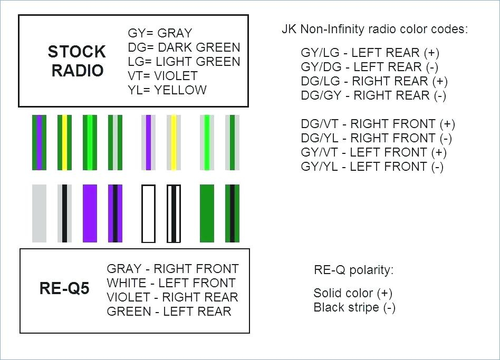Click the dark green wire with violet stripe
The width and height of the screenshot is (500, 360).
tap(39, 142)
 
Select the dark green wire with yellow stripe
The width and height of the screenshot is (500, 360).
tap(64, 142)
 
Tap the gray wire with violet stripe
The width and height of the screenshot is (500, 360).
tap(148, 142)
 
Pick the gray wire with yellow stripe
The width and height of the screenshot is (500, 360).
tap(174, 142)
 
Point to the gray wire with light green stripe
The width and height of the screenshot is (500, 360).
tap(207, 142)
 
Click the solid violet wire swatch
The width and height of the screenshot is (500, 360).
tap(90, 213)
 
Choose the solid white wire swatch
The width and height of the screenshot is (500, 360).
tap(148, 213)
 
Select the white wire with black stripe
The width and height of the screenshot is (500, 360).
tap(174, 213)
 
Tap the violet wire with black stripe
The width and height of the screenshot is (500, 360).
tap(115, 213)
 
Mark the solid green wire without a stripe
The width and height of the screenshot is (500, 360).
tap(207, 213)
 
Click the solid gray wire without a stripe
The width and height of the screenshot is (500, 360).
tap(39, 213)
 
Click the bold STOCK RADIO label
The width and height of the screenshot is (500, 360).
tap(77, 61)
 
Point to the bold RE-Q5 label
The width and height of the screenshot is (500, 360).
tap(64, 288)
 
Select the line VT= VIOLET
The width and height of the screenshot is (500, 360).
tap(162, 76)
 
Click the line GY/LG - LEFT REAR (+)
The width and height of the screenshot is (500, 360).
tap(370, 53)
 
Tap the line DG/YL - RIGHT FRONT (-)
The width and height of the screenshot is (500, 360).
tap(376, 138)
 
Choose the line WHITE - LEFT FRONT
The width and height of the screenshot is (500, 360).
tap(171, 283)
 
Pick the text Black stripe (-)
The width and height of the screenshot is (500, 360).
tap(354, 307)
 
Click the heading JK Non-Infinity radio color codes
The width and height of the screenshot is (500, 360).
tap(374, 30)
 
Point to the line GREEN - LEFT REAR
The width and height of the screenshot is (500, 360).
tap(169, 312)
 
